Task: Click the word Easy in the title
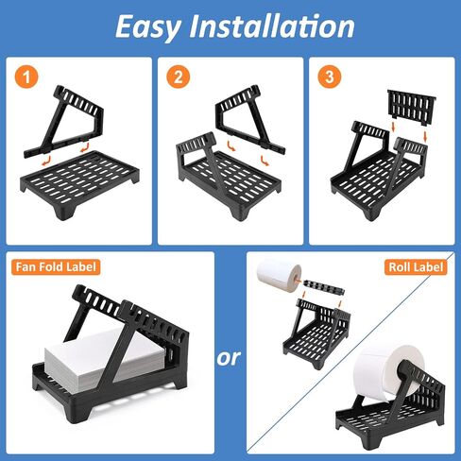(x=148, y=27)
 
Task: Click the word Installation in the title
(x=272, y=26)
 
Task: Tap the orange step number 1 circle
(x=26, y=77)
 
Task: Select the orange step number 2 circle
(x=179, y=77)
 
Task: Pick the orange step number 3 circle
(x=330, y=77)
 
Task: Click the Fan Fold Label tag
(x=56, y=267)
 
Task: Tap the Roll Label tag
(x=416, y=267)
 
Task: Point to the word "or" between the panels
(x=229, y=358)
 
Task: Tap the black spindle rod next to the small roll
(x=324, y=287)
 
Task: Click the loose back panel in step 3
(x=412, y=107)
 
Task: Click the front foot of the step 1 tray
(x=65, y=211)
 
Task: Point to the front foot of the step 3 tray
(x=371, y=213)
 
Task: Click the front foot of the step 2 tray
(x=240, y=213)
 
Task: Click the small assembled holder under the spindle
(x=316, y=333)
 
